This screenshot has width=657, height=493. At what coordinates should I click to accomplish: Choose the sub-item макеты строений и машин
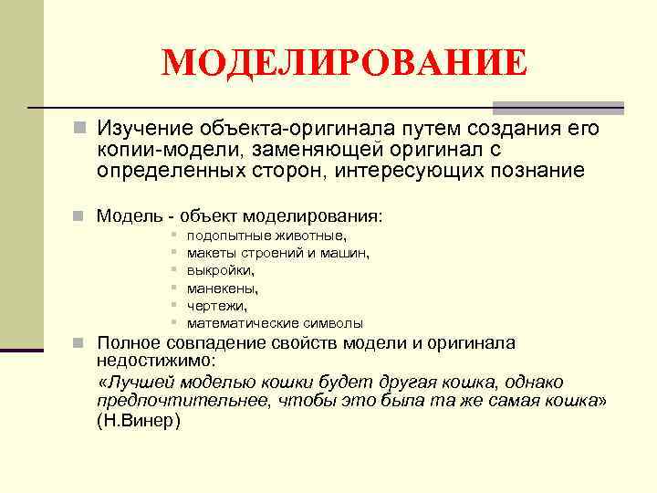point(277,253)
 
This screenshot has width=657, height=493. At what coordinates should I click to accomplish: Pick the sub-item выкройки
point(221,270)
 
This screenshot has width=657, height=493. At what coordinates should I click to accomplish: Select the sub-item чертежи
point(216,306)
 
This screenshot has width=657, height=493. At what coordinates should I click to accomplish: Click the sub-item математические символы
point(275,323)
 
